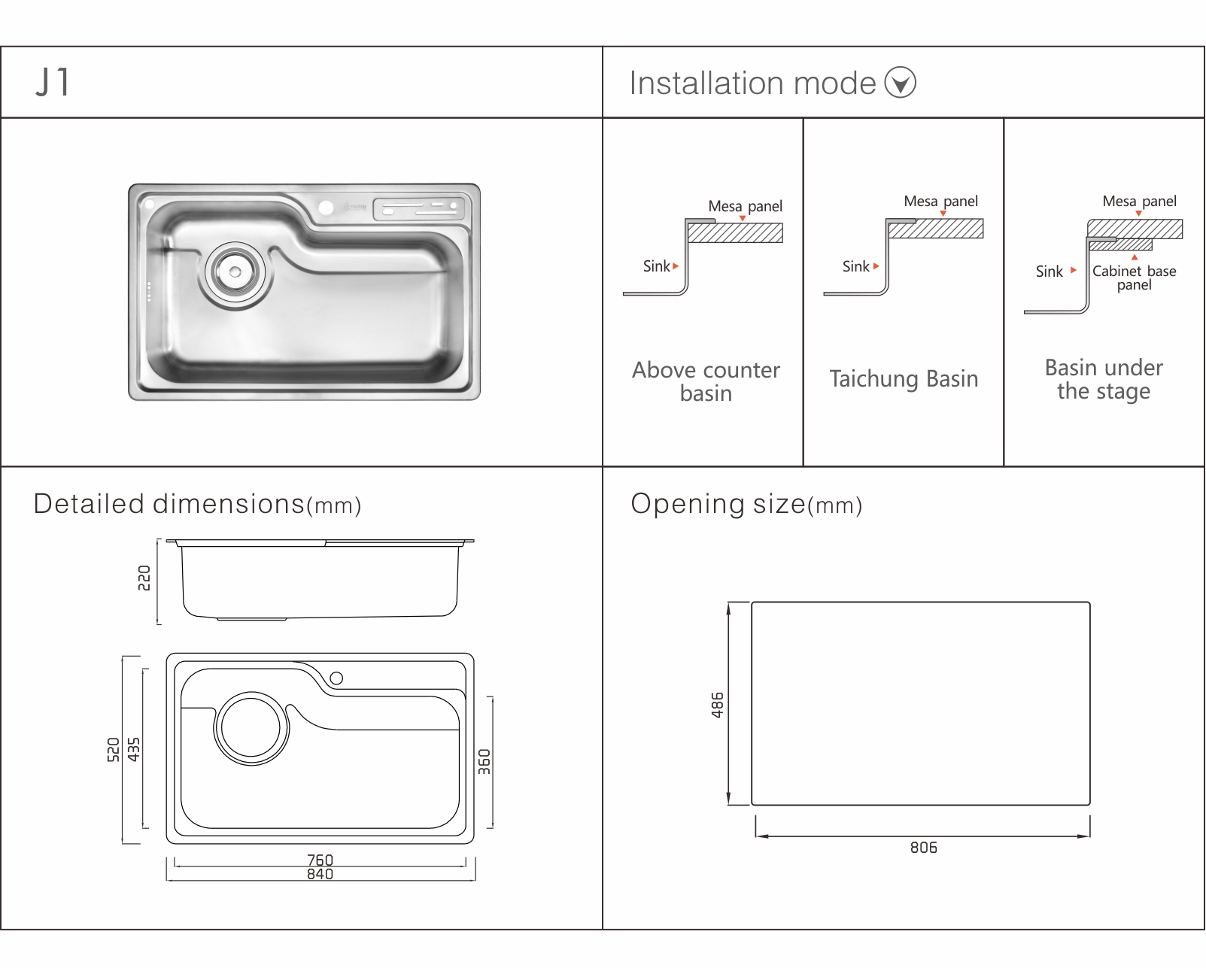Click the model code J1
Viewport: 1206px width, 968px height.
point(53,82)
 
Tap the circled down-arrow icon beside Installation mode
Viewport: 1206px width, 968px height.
point(900,82)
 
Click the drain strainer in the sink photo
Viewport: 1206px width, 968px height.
point(235,272)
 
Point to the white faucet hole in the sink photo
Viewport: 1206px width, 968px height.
point(326,208)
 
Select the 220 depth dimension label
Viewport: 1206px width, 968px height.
point(144,578)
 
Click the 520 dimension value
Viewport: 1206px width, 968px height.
point(113,750)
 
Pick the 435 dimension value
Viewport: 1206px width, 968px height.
point(133,750)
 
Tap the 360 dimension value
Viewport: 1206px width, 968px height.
point(485,762)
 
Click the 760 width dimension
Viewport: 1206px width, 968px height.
point(320,860)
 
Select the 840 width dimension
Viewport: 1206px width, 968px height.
point(320,874)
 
